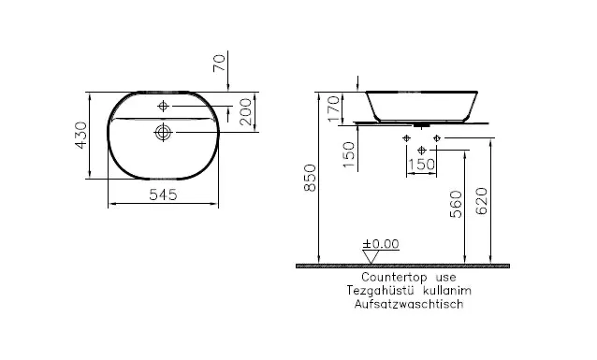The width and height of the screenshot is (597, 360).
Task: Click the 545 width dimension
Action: click(165, 194)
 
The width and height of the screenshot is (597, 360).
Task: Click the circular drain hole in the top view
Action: click(163, 133)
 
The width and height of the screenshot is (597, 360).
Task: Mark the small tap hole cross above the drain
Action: click(163, 104)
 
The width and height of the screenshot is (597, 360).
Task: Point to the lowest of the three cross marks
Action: click(422, 150)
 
